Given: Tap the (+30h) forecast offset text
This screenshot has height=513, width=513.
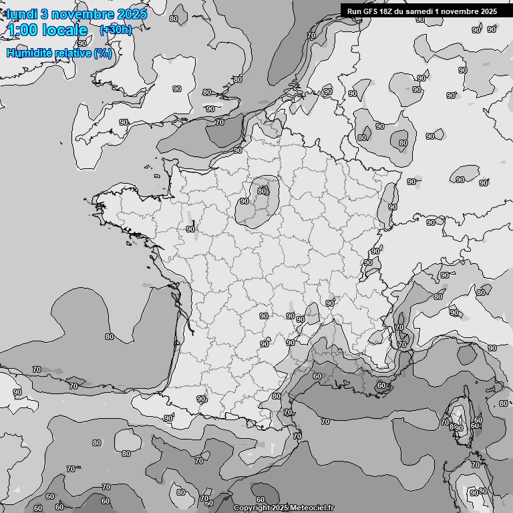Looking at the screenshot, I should [115, 30].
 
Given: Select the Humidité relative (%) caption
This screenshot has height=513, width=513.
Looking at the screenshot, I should [59, 53].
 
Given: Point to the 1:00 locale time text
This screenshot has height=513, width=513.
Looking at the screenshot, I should [47, 30].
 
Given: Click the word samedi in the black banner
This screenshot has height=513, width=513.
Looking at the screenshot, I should [417, 11].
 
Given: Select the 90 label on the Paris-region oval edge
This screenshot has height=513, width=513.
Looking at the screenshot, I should [244, 201].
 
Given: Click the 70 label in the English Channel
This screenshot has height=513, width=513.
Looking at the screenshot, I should [219, 122].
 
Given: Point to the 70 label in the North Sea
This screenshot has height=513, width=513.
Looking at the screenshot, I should [311, 35].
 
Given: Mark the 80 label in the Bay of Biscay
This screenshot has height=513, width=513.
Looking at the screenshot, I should [109, 336].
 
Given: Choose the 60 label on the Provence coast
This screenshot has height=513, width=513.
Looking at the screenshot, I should [381, 385].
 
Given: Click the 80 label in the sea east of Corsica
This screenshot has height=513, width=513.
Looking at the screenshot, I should [503, 403].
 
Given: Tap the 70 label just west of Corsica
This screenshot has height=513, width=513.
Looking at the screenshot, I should [444, 422].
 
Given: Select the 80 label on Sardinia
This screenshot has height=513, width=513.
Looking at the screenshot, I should [482, 491].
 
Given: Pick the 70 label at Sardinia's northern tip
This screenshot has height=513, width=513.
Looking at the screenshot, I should [475, 465].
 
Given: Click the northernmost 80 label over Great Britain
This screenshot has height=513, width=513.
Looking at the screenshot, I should [174, 19].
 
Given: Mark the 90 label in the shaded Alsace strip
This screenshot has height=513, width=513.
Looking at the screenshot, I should [393, 207].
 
